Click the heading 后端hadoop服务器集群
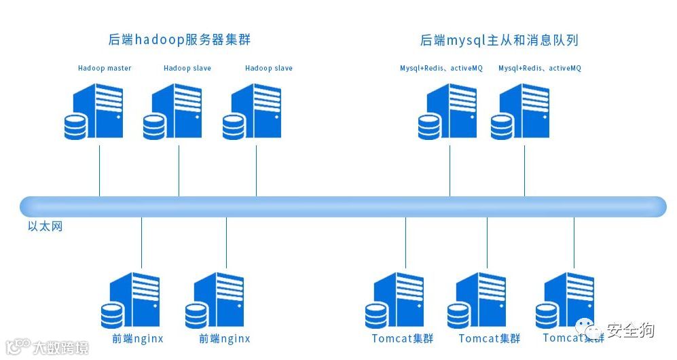click(x=179, y=39)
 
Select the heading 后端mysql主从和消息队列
click(x=499, y=40)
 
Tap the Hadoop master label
click(x=105, y=68)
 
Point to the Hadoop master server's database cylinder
click(x=76, y=127)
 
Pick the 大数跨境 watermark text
click(x=61, y=348)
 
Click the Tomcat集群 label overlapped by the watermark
click(x=573, y=338)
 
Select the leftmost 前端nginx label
click(x=137, y=338)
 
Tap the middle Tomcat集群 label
click(x=489, y=338)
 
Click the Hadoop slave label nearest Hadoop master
click(x=187, y=68)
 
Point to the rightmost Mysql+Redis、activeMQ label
click(x=540, y=68)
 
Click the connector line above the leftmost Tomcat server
click(x=405, y=242)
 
